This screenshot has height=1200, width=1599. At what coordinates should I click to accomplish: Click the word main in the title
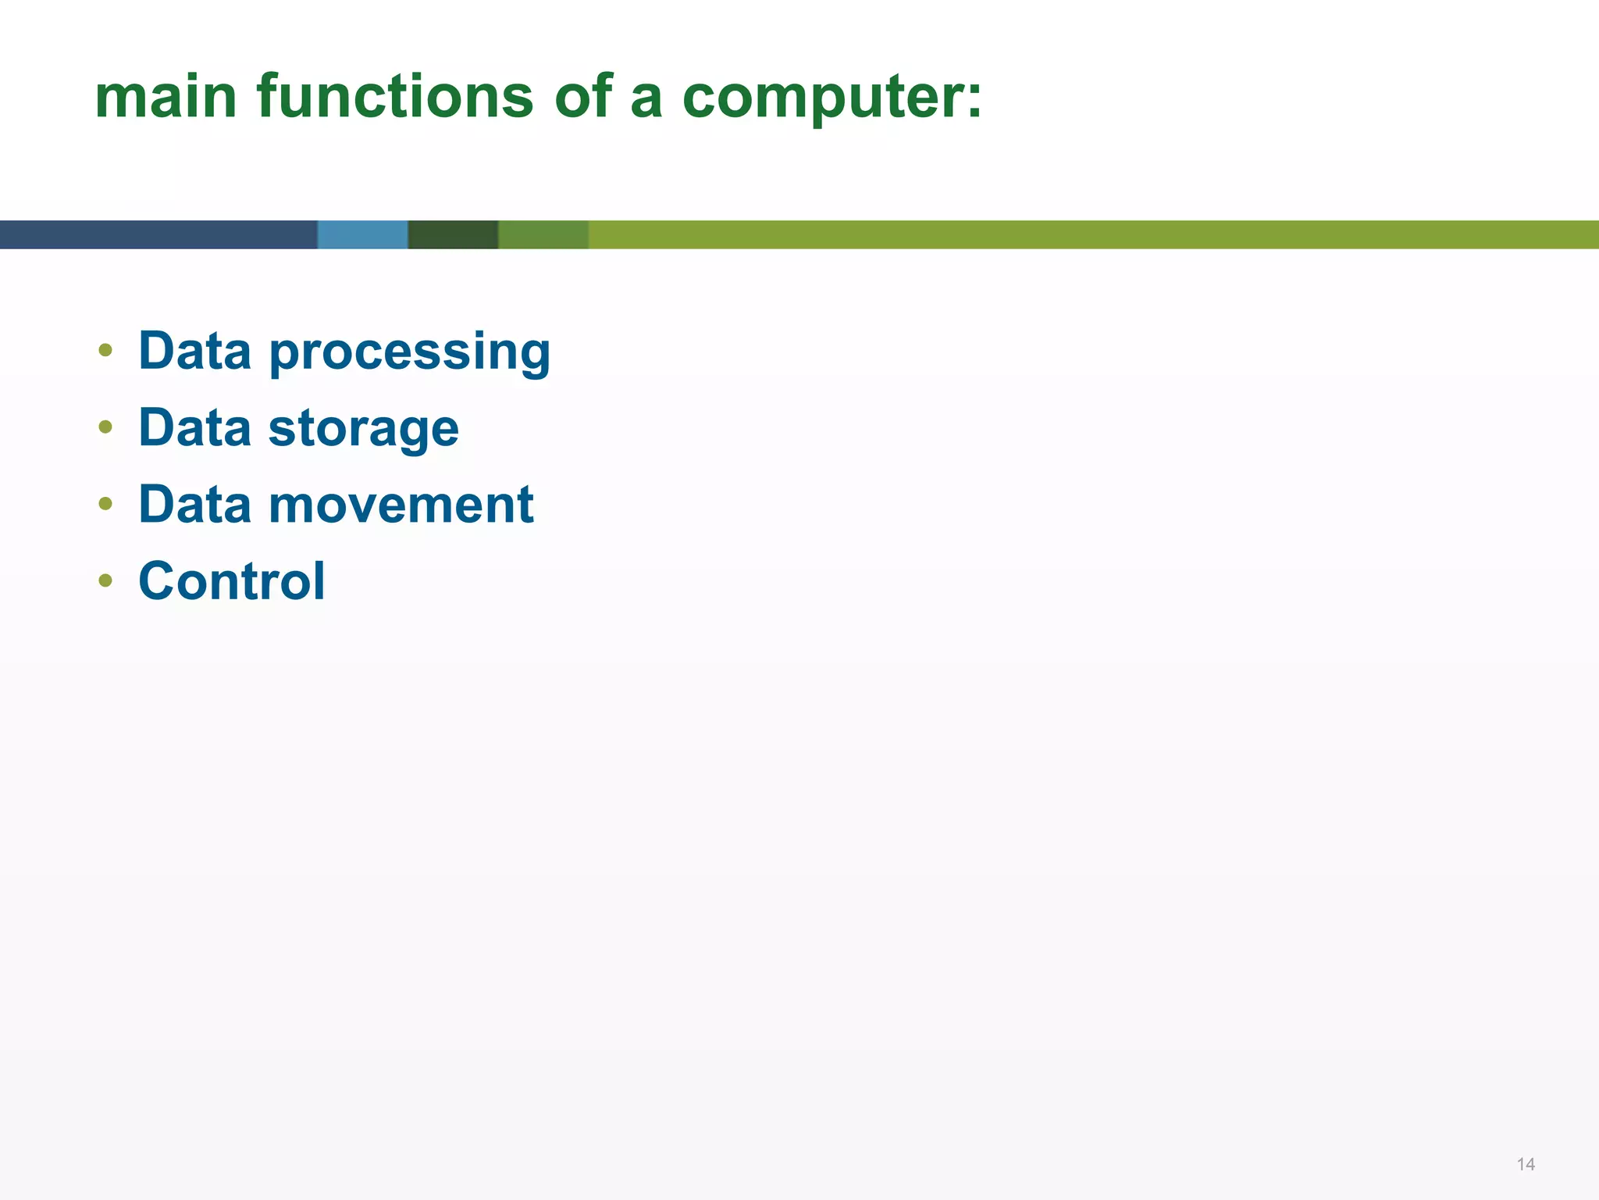click(166, 97)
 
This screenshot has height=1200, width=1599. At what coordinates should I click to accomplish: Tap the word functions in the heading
click(394, 97)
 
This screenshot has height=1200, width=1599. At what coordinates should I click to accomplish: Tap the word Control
click(231, 581)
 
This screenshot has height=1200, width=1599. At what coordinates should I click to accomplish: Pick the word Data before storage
click(195, 427)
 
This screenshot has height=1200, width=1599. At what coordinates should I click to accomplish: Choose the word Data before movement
click(195, 504)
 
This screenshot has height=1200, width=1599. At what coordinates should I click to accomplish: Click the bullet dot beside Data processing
click(105, 350)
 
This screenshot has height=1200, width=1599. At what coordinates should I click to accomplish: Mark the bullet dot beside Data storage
click(105, 427)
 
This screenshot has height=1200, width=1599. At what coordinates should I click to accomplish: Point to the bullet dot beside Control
click(105, 580)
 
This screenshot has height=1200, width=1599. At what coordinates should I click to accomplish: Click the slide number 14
click(1526, 1164)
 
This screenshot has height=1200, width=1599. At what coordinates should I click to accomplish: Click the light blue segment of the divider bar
click(362, 234)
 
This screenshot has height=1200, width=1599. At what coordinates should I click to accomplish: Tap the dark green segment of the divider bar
click(453, 234)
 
